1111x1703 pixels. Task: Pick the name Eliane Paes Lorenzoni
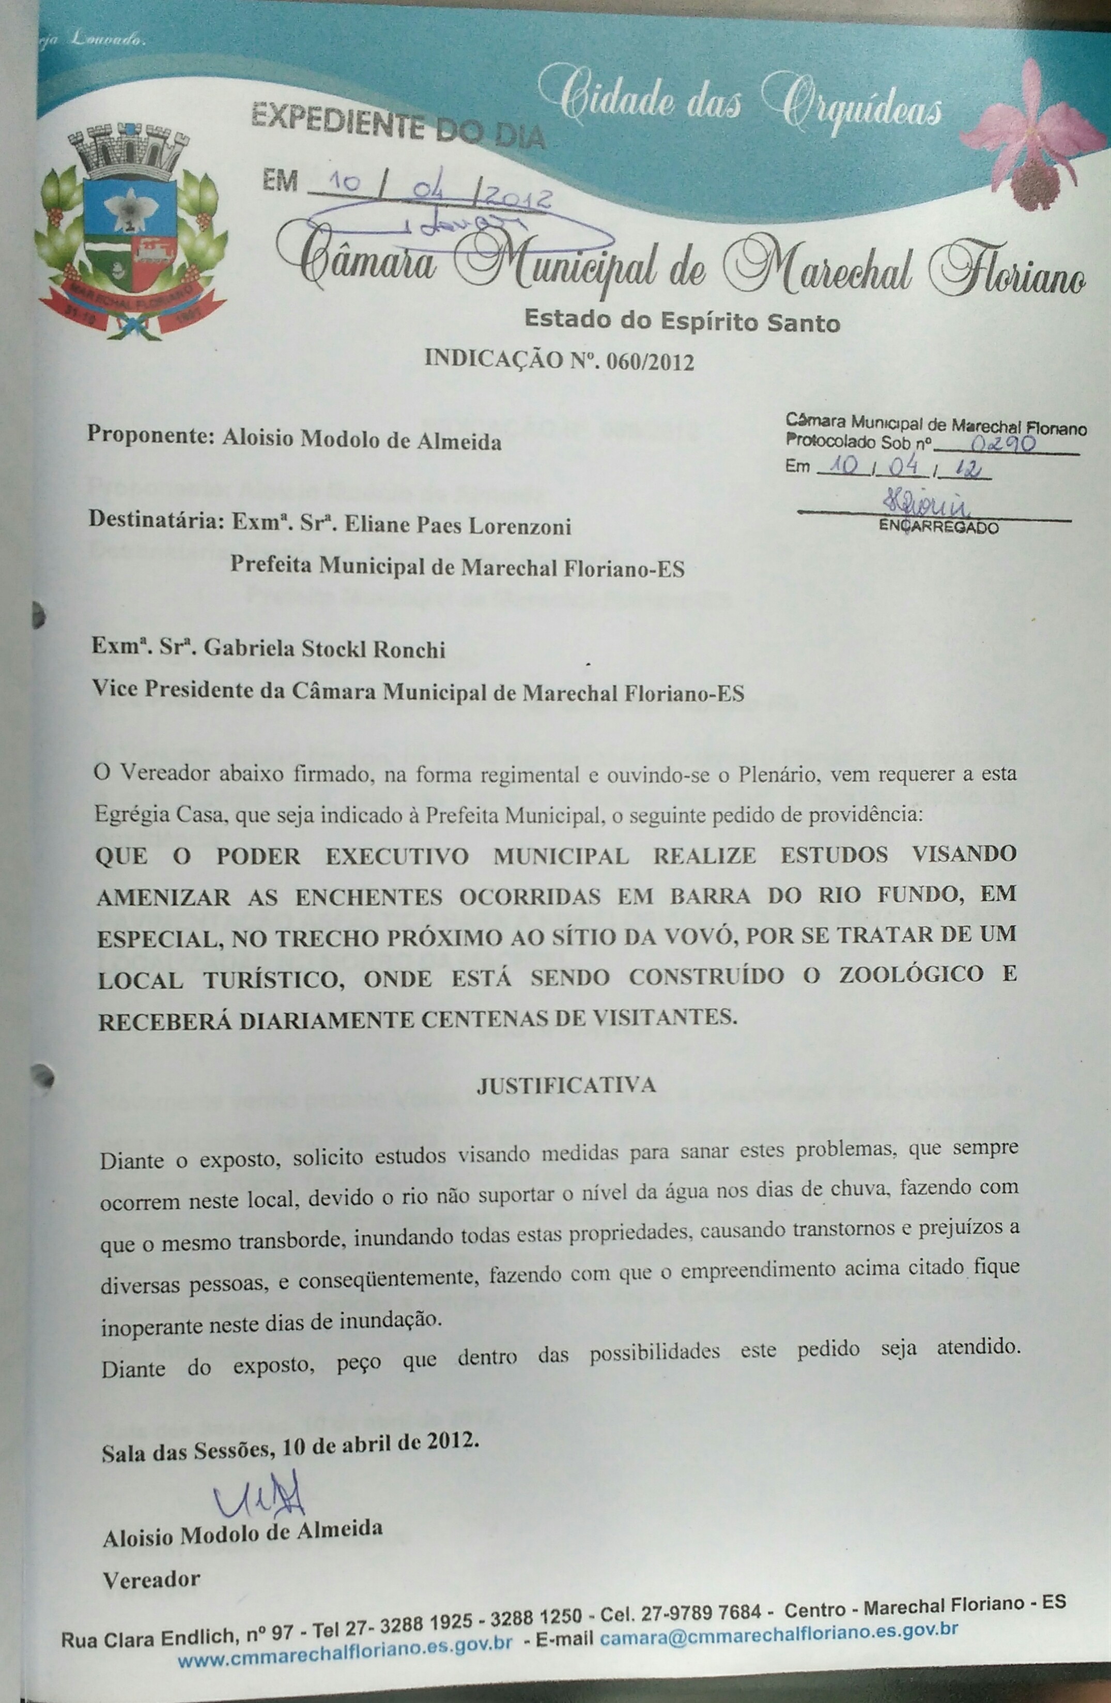pos(458,527)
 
